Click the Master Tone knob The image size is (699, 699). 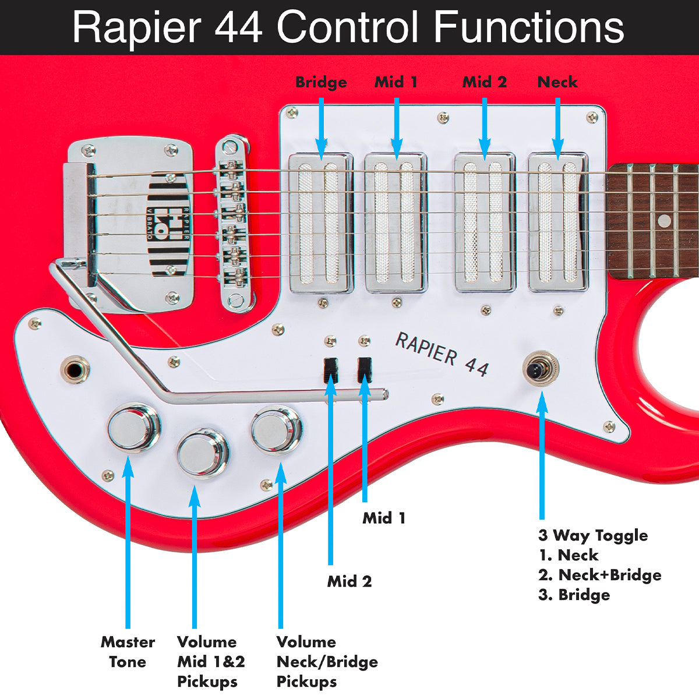(133, 428)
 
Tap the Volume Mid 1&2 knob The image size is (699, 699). (202, 453)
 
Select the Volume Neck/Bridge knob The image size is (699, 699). (276, 430)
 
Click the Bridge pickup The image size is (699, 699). (320, 223)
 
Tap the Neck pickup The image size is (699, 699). (558, 223)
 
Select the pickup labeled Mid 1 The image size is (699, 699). (396, 223)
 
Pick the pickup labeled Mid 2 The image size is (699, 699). (485, 223)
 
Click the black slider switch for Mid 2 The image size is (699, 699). (331, 369)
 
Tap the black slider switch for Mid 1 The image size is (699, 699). (365, 369)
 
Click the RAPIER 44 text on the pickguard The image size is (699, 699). (442, 354)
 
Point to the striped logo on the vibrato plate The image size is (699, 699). (168, 224)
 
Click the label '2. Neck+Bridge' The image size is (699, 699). (599, 575)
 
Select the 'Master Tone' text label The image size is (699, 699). (128, 652)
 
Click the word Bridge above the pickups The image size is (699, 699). (321, 82)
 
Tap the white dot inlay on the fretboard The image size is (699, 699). (664, 221)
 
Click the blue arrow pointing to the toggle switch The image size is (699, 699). (542, 454)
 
